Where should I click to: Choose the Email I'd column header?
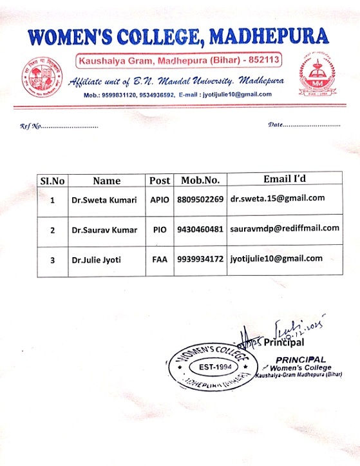click(284, 179)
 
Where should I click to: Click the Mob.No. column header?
click(200, 180)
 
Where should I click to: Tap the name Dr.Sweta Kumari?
click(104, 200)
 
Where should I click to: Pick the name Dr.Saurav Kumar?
click(104, 229)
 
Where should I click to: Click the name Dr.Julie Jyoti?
click(96, 260)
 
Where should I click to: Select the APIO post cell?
click(159, 200)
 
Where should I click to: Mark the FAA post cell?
click(159, 260)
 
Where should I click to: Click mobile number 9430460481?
click(200, 229)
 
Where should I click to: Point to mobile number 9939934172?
click(200, 259)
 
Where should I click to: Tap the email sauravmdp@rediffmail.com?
click(284, 228)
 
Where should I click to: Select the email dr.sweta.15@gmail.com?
click(278, 199)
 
